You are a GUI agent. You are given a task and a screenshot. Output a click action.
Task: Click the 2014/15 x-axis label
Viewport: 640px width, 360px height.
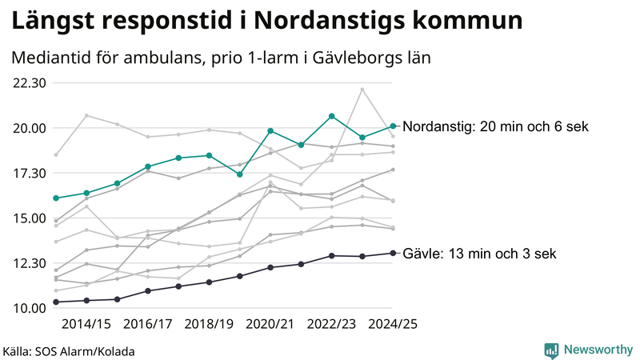tap(86, 325)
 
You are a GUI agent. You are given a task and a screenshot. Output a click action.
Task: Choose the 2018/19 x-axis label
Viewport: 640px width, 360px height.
tap(209, 325)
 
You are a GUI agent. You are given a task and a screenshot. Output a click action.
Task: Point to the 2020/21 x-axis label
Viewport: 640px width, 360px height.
tap(270, 325)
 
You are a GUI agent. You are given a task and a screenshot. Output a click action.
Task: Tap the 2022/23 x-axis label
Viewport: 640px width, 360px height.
tap(332, 325)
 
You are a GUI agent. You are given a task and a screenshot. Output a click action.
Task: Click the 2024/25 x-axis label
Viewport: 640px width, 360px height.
tap(393, 325)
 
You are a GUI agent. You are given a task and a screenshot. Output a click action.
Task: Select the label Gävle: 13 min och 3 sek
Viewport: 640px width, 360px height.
tap(479, 254)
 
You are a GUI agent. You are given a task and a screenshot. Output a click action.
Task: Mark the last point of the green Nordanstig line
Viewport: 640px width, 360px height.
tap(394, 126)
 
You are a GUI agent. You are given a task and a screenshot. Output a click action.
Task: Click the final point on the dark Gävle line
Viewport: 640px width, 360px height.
tap(394, 253)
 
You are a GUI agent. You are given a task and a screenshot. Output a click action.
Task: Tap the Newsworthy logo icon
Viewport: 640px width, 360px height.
tap(551, 350)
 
